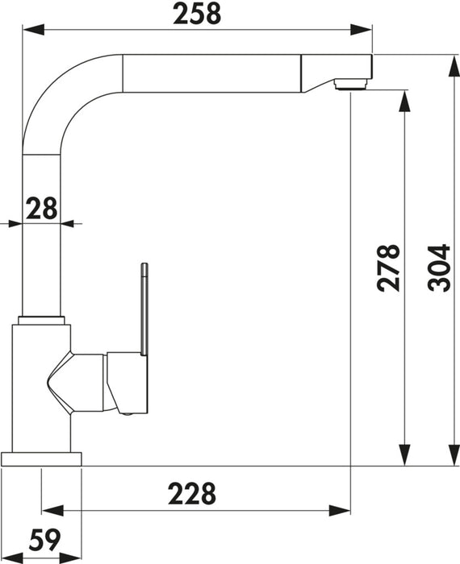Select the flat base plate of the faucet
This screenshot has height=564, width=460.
[41, 459]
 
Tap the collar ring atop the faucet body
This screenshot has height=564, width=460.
[41, 320]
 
